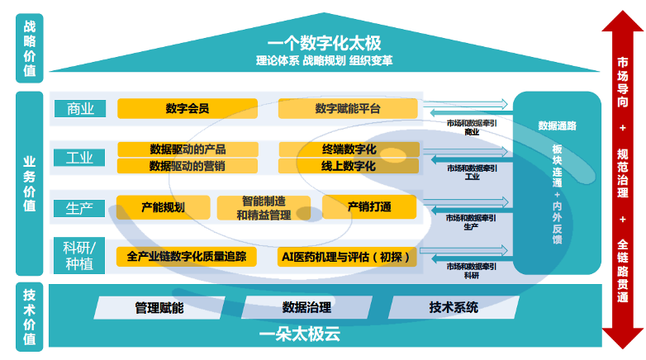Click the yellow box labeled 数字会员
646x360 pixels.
pyautogui.click(x=188, y=108)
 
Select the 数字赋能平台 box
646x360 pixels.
pyautogui.click(x=348, y=108)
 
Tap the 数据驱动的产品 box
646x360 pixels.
pyautogui.click(x=188, y=149)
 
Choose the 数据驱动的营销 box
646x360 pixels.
pyautogui.click(x=188, y=166)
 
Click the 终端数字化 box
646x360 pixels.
pyautogui.click(x=348, y=149)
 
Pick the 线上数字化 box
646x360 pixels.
pyautogui.click(x=348, y=166)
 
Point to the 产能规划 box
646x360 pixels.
pyautogui.click(x=162, y=206)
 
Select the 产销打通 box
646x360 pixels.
pyautogui.click(x=368, y=206)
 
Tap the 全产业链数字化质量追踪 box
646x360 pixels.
pyautogui.click(x=187, y=256)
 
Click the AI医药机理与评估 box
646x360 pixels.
pyautogui.click(x=348, y=256)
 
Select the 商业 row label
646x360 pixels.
pyautogui.click(x=80, y=108)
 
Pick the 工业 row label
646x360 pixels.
pyautogui.click(x=80, y=157)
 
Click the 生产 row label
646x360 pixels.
pyautogui.click(x=80, y=206)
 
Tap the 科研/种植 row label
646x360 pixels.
pyautogui.click(x=80, y=255)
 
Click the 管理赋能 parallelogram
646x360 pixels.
pyautogui.click(x=159, y=307)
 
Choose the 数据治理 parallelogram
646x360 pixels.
pyautogui.click(x=306, y=307)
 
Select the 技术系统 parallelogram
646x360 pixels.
pyautogui.click(x=454, y=307)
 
